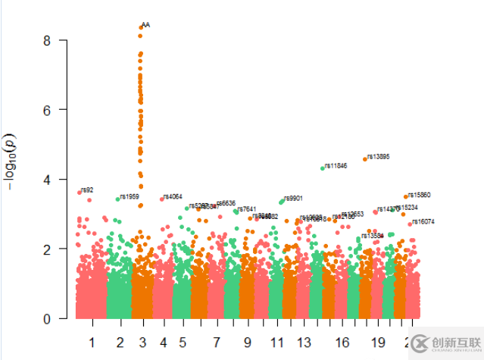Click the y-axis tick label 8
[x=46, y=40]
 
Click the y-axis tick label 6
[x=46, y=110]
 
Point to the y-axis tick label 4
[x=46, y=180]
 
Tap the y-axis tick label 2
[x=46, y=249]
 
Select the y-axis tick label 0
[x=46, y=319]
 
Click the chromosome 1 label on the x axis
[x=92, y=343]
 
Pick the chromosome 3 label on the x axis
[x=142, y=343]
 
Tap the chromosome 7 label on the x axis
[x=217, y=343]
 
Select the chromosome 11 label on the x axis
[x=276, y=343]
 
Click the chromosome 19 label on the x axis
[x=379, y=343]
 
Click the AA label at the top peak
[x=145, y=25]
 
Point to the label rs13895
[x=378, y=157]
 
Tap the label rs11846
[x=336, y=166]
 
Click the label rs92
[x=87, y=190]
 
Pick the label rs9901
[x=294, y=199]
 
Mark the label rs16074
[x=423, y=222]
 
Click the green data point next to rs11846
[x=323, y=168]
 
